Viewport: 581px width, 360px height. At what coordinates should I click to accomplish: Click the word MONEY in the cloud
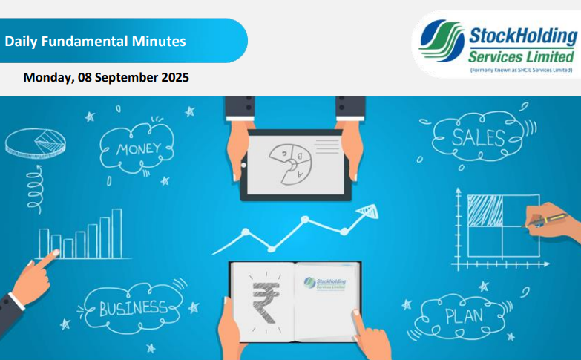click(x=139, y=149)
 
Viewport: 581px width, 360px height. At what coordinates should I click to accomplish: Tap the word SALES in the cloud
click(x=479, y=138)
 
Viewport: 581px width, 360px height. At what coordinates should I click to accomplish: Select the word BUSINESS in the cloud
click(x=134, y=309)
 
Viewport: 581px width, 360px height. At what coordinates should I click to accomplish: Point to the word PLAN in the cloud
click(x=465, y=316)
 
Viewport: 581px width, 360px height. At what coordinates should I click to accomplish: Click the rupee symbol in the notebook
click(x=266, y=302)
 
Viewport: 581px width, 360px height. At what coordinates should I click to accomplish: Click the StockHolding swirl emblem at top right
click(x=442, y=40)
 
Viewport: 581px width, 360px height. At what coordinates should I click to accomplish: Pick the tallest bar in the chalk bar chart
click(x=117, y=233)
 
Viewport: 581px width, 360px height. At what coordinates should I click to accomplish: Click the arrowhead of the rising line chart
click(x=368, y=211)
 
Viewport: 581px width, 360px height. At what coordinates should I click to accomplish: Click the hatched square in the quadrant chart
click(x=485, y=211)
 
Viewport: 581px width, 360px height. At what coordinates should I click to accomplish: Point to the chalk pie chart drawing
click(x=35, y=143)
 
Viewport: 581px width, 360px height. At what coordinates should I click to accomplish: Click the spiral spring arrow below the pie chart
click(x=35, y=189)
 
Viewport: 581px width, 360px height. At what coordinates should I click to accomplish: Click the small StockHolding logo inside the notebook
click(x=325, y=284)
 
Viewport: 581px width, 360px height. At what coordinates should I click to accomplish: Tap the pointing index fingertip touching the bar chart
click(x=56, y=253)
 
